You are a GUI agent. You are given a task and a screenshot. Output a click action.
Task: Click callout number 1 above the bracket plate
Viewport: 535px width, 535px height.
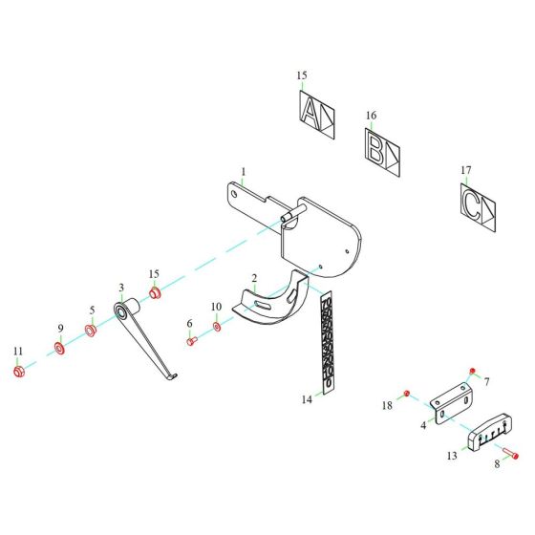click(x=244, y=173)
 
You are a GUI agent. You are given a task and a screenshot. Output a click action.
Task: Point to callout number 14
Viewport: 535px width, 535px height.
click(x=306, y=400)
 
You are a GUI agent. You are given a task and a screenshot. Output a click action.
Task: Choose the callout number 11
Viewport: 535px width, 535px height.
click(x=17, y=352)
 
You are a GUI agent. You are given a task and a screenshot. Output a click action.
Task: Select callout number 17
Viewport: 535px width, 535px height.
click(x=466, y=171)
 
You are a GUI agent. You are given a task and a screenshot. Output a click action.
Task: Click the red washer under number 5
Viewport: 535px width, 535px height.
click(x=91, y=331)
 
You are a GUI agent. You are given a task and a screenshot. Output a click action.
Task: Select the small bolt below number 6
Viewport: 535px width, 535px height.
click(x=191, y=341)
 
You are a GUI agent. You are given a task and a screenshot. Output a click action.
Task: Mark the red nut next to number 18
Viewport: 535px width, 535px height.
click(x=406, y=394)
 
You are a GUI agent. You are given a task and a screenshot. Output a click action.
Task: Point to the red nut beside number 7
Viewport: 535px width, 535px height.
click(x=472, y=370)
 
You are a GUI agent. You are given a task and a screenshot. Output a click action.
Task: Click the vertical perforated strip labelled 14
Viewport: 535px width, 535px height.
click(x=327, y=344)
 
